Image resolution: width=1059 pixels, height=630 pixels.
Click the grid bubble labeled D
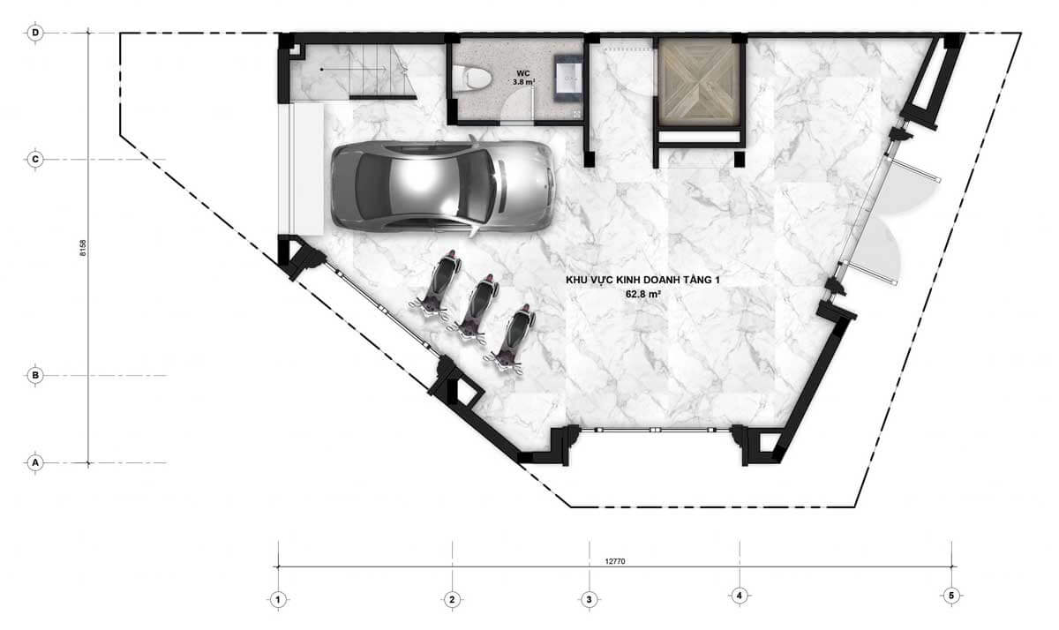coord(35,33)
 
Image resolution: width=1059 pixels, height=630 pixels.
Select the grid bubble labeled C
coord(35,160)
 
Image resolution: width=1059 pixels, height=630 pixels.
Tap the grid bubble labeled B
coord(35,376)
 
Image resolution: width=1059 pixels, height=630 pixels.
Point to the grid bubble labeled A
coord(35,462)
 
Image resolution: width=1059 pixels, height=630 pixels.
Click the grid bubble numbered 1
coord(278,600)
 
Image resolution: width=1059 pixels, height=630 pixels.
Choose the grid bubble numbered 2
coord(452,600)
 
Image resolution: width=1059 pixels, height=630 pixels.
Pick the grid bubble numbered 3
coord(590,600)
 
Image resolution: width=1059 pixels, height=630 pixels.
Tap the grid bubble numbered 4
coord(740,596)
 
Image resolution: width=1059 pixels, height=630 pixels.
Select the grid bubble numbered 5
coord(951,596)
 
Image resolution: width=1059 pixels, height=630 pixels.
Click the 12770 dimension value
coord(615,561)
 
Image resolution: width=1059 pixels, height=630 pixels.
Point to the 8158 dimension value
coord(83,248)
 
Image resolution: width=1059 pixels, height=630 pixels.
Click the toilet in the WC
coord(471,78)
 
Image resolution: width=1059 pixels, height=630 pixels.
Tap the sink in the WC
coord(568,78)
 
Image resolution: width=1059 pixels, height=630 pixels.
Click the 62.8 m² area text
coord(643,294)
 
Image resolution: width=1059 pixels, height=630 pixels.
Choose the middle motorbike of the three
coord(475,309)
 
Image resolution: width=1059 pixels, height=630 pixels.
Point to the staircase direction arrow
coord(354,70)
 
